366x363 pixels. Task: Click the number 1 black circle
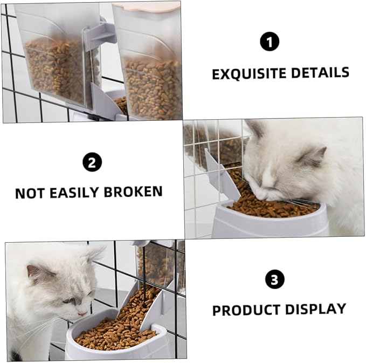coord(270,42)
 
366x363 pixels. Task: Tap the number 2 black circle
coord(92,162)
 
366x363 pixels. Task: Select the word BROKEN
coord(135,192)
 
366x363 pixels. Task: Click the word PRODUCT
coord(246,311)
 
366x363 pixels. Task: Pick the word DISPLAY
coord(315,310)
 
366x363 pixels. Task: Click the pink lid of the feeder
coord(146,6)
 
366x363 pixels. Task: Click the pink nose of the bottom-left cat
coord(82,313)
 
